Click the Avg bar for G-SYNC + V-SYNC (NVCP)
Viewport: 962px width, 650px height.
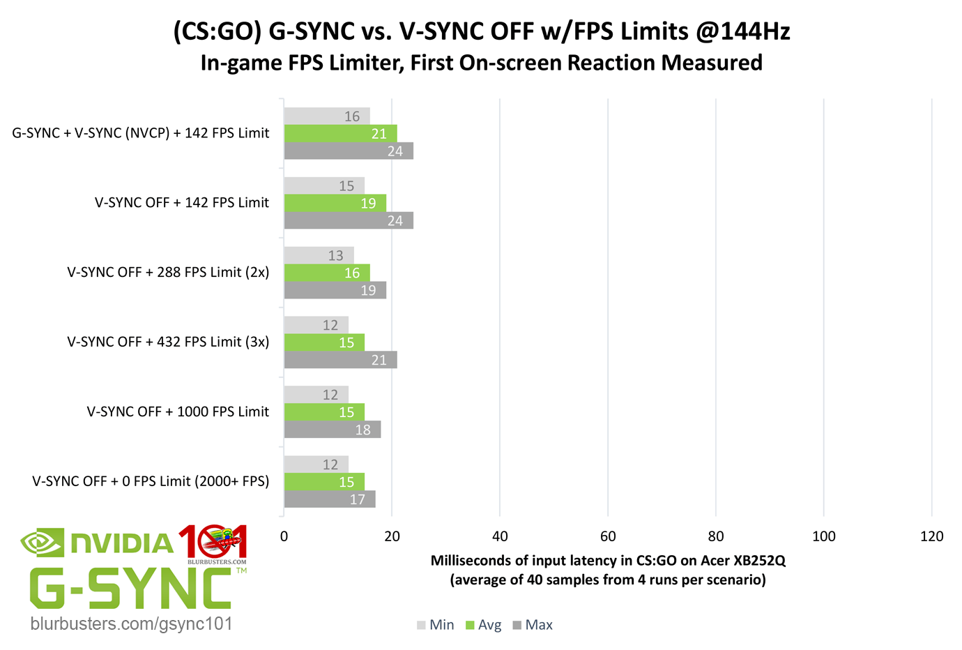pos(340,133)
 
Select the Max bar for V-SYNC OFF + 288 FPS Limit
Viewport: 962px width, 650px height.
pos(335,290)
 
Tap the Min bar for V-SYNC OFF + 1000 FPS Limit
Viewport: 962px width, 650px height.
pos(316,395)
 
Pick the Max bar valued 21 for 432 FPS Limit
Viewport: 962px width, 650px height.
pos(340,360)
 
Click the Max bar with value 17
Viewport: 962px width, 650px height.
pos(329,499)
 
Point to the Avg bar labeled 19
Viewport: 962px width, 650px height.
pos(335,203)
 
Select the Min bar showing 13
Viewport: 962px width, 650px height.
pos(319,255)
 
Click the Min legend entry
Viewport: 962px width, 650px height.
pos(436,625)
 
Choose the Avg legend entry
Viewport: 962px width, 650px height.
pos(484,625)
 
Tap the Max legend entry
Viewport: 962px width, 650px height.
pos(533,625)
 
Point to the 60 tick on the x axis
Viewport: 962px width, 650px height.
pos(608,536)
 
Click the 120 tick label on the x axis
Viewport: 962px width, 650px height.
pos(931,536)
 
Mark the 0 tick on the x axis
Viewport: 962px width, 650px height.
pos(284,536)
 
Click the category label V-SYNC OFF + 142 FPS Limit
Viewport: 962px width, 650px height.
pos(181,203)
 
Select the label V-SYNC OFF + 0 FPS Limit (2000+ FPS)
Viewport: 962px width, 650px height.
pos(151,481)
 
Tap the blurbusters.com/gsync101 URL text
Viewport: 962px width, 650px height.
pos(131,623)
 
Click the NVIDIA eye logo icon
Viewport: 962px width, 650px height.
pos(41,543)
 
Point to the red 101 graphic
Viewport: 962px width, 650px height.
pos(213,542)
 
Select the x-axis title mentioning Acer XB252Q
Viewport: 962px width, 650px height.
pos(608,561)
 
